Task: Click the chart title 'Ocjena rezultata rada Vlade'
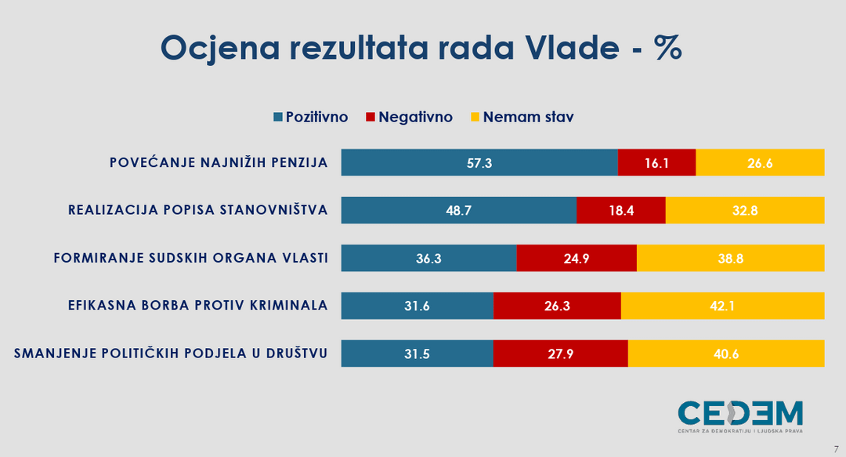click(389, 48)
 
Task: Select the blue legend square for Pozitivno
click(278, 117)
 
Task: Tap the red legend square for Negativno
click(370, 117)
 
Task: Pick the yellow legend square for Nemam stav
click(475, 117)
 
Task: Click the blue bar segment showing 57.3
click(479, 162)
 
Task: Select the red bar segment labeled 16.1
click(656, 162)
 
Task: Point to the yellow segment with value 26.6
click(760, 162)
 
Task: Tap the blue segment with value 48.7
click(459, 210)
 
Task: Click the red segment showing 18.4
click(621, 210)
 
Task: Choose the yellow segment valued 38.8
click(731, 258)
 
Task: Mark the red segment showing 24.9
click(577, 258)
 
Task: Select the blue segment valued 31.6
click(418, 306)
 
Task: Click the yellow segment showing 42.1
click(722, 306)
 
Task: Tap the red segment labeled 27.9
click(561, 354)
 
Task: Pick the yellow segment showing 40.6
click(726, 354)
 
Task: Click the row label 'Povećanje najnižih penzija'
click(219, 162)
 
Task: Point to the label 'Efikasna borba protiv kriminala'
click(198, 305)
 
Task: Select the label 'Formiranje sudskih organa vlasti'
click(191, 258)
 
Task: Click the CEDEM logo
click(740, 416)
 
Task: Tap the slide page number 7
click(837, 449)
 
